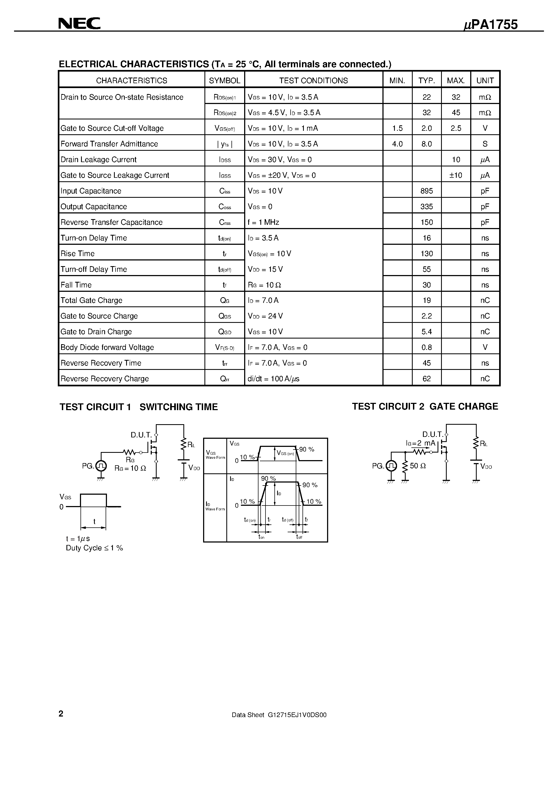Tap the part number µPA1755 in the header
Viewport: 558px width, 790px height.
click(490, 25)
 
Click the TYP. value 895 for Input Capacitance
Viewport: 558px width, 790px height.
click(426, 191)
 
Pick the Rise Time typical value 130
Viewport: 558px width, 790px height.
click(426, 254)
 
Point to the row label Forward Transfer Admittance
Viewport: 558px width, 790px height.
click(109, 144)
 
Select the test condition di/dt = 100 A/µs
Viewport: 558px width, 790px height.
click(274, 379)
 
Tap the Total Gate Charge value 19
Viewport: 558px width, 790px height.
click(426, 300)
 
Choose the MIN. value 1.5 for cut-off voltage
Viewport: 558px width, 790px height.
click(397, 128)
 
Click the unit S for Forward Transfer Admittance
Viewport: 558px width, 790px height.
click(485, 144)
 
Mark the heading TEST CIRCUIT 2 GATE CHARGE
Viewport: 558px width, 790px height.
click(425, 406)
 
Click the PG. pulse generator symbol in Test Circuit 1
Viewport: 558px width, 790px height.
click(101, 466)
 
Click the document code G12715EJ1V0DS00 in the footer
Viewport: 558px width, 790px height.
click(297, 715)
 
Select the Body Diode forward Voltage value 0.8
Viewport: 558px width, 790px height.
click(426, 347)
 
